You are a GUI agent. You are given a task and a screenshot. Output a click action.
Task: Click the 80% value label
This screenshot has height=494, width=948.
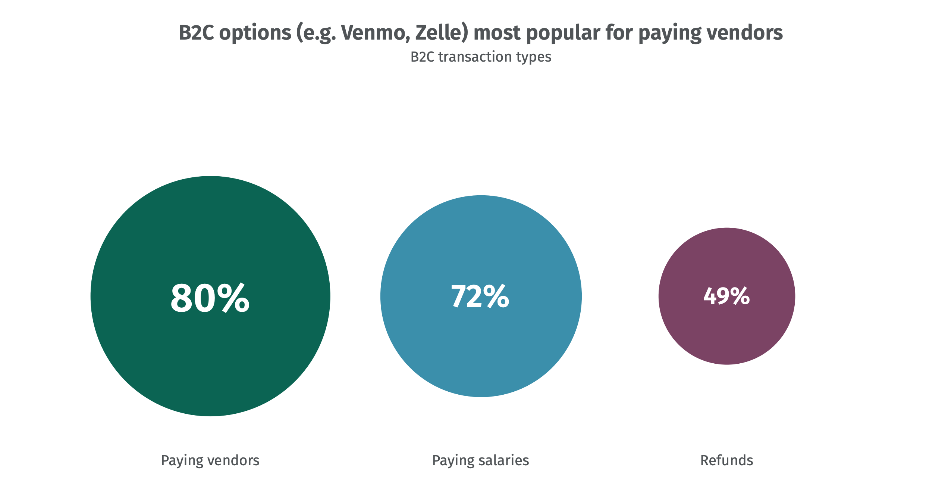click(210, 298)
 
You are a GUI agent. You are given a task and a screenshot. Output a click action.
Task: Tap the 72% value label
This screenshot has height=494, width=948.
click(480, 296)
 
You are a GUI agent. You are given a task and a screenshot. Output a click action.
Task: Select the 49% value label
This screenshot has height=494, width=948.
click(726, 296)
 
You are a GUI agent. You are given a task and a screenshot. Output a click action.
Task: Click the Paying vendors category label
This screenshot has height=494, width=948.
click(210, 460)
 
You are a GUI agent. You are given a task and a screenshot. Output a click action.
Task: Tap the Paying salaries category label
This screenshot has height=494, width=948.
click(480, 460)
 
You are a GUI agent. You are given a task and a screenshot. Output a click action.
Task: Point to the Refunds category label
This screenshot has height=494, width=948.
click(726, 460)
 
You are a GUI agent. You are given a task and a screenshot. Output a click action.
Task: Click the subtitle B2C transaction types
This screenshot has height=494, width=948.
click(481, 57)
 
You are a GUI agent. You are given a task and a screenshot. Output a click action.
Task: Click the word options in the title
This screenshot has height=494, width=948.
click(255, 33)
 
